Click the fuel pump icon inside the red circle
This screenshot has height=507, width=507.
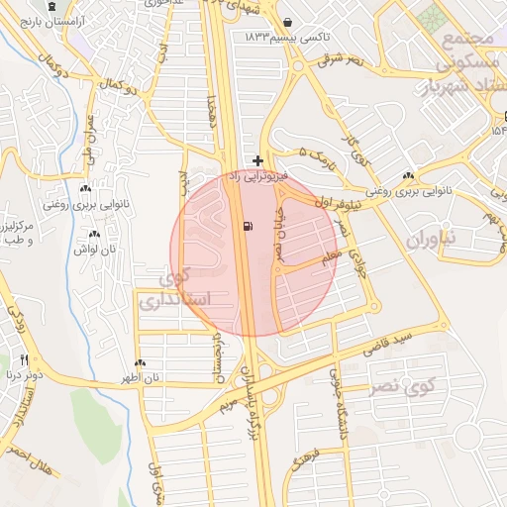point(246,226)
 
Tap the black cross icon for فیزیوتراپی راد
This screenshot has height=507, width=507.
point(258,160)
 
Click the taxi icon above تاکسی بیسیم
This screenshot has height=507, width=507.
point(287,22)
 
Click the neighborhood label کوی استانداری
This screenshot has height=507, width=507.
point(178,287)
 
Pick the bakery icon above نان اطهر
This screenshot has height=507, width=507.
point(140,363)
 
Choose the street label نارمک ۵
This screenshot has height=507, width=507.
point(319,156)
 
